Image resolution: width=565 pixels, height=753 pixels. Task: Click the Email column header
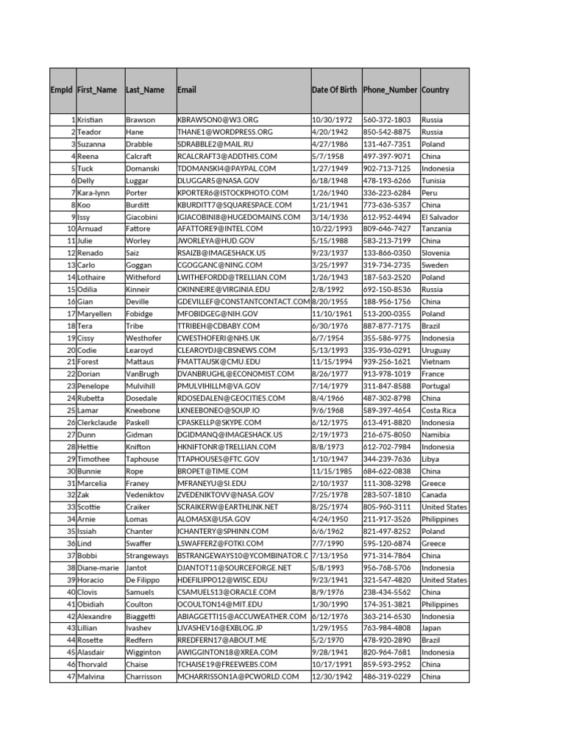(187, 90)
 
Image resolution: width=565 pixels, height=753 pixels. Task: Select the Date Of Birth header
(334, 90)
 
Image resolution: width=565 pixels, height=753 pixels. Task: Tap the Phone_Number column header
(390, 90)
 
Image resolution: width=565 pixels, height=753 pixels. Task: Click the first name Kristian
(90, 120)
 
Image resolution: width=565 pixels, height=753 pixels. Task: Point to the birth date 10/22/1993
(333, 229)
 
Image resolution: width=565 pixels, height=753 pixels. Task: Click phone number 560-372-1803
(387, 120)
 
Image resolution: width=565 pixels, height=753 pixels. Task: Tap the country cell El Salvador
(440, 217)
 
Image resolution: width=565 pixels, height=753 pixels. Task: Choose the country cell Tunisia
(434, 181)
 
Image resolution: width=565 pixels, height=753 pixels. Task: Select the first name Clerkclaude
(98, 423)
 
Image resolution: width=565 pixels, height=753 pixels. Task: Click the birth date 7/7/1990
(327, 544)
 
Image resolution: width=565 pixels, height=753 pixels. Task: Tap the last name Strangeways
(147, 556)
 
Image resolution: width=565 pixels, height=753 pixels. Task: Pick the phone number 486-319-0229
(387, 677)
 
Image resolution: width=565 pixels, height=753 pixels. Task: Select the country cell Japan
(431, 629)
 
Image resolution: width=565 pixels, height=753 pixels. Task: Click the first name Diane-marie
(99, 568)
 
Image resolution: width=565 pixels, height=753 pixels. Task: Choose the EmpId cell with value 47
(71, 677)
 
